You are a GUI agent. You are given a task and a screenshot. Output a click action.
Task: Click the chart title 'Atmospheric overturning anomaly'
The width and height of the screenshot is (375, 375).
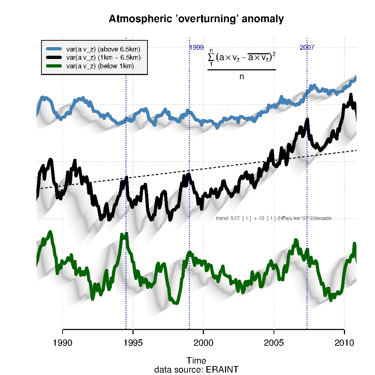click(x=196, y=19)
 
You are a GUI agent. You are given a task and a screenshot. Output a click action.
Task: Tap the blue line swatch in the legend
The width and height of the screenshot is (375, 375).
click(x=54, y=49)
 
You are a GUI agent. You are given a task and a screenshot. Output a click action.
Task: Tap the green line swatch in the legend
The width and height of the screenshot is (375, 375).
click(x=54, y=66)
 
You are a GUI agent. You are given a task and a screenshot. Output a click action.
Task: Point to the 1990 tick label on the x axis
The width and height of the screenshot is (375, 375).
click(x=62, y=343)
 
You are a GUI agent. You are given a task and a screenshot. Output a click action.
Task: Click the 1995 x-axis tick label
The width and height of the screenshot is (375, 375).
click(x=133, y=343)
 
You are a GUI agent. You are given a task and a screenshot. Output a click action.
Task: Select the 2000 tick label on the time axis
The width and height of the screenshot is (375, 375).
click(x=203, y=343)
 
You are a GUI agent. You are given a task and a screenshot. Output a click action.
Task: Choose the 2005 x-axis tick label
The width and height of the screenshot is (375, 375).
click(x=274, y=343)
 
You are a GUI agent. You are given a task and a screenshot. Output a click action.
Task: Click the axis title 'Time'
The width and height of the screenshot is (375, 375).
click(x=196, y=360)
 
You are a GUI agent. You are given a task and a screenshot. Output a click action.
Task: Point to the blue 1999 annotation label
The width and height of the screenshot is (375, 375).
click(x=196, y=47)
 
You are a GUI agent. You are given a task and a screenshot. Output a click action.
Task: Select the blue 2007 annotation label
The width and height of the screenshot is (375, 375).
click(x=307, y=47)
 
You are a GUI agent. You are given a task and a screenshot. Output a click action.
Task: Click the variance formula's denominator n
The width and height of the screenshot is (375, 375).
click(x=242, y=76)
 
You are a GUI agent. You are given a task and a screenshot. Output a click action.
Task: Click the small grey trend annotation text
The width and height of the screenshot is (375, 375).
click(x=274, y=218)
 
